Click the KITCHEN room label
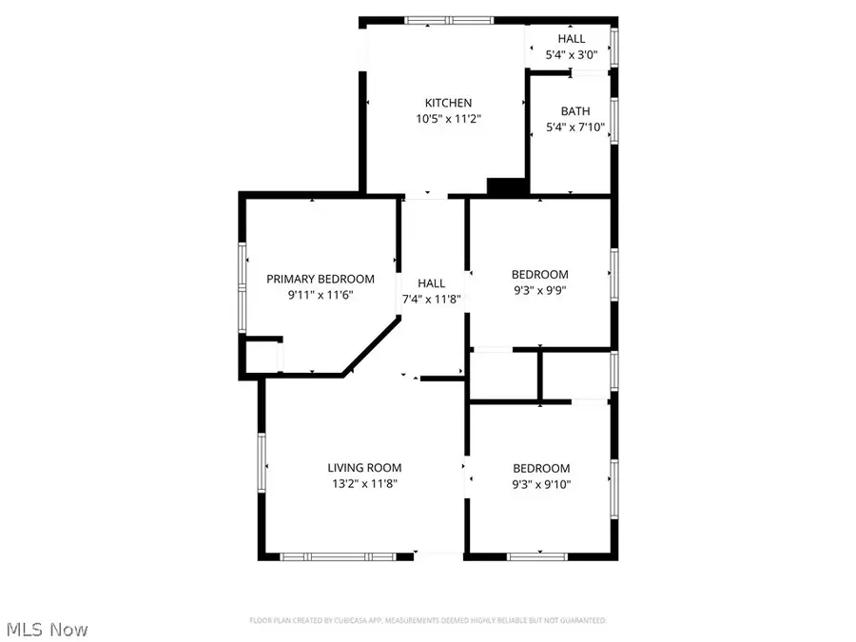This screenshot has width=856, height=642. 447,103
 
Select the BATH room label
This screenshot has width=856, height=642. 574,111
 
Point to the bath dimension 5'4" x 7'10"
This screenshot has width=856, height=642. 574,128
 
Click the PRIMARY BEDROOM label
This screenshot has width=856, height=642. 320,279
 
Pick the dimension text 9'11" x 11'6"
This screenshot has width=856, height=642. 320,296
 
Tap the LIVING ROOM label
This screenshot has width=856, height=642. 364,467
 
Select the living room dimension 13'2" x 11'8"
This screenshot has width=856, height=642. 364,484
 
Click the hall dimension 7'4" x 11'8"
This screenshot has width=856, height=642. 432,301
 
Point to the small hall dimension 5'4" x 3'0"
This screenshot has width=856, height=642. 572,56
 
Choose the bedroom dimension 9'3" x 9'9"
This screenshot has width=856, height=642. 539,291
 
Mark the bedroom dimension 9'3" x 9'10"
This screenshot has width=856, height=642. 541,485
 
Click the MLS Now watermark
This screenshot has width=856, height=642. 48,629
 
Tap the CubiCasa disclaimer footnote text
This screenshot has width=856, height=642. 427,620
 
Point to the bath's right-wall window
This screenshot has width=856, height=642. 614,121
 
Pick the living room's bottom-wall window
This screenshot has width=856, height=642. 338,555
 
